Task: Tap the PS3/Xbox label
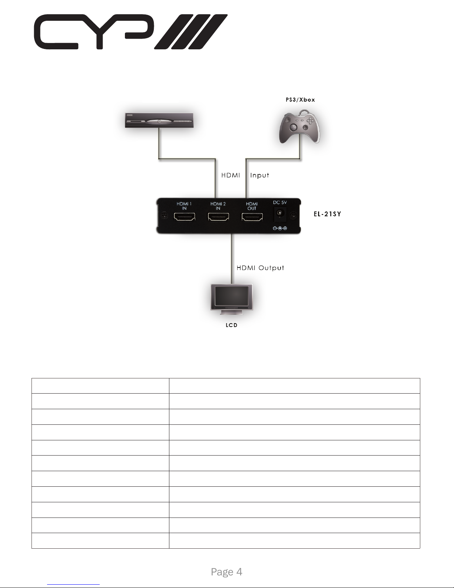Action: pyautogui.click(x=300, y=99)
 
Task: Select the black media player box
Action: pyautogui.click(x=159, y=121)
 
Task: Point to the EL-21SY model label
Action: pyautogui.click(x=327, y=214)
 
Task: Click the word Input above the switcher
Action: pyautogui.click(x=259, y=175)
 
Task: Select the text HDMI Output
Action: pyautogui.click(x=260, y=268)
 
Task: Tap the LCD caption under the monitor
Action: pyautogui.click(x=232, y=325)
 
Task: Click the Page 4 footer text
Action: pyautogui.click(x=226, y=572)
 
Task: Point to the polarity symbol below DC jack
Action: pyautogui.click(x=280, y=228)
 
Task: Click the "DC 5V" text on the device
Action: pyautogui.click(x=280, y=203)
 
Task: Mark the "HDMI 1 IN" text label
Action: pyautogui.click(x=184, y=206)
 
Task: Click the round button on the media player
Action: pyautogui.click(x=159, y=121)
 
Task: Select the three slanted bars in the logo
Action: pyautogui.click(x=191, y=32)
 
